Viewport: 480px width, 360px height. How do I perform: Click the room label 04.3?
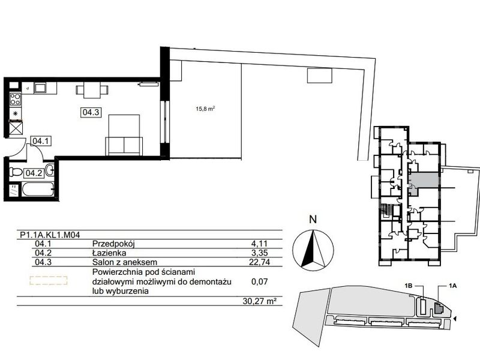pyautogui.click(x=91, y=112)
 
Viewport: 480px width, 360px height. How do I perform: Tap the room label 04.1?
pyautogui.click(x=41, y=141)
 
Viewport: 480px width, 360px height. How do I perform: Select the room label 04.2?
pyautogui.click(x=34, y=173)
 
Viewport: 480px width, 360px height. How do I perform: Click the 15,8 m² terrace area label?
pyautogui.click(x=205, y=109)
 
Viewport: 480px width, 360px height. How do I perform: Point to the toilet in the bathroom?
pyautogui.click(x=16, y=172)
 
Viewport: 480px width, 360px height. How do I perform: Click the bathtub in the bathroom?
pyautogui.click(x=38, y=190)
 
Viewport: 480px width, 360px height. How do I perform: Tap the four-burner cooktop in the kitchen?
pyautogui.click(x=15, y=100)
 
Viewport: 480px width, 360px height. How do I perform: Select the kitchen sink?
pyautogui.click(x=40, y=88)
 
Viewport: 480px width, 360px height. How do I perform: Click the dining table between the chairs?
pyautogui.click(x=92, y=91)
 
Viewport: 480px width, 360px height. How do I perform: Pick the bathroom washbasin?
pyautogui.click(x=50, y=170)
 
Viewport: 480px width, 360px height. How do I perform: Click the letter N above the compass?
pyautogui.click(x=313, y=220)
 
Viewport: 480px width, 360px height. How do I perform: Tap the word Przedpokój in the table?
pyautogui.click(x=113, y=244)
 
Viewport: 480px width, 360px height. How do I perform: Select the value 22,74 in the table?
pyautogui.click(x=260, y=262)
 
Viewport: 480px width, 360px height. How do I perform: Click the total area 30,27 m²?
pyautogui.click(x=258, y=301)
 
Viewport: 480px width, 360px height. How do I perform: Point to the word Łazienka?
pyautogui.click(x=109, y=253)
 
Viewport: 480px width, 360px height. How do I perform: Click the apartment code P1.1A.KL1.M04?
pyautogui.click(x=50, y=235)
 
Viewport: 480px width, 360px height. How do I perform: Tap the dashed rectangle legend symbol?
pyautogui.click(x=49, y=280)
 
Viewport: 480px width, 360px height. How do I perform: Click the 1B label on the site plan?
pyautogui.click(x=409, y=286)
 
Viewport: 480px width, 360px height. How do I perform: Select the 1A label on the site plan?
pyautogui.click(x=453, y=286)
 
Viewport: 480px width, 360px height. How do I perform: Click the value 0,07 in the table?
pyautogui.click(x=259, y=281)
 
